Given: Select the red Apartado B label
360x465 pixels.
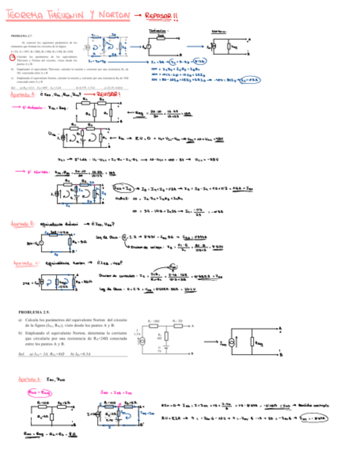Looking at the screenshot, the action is click(x=22, y=224).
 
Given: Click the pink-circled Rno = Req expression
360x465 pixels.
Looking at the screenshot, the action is click(x=39, y=393).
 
